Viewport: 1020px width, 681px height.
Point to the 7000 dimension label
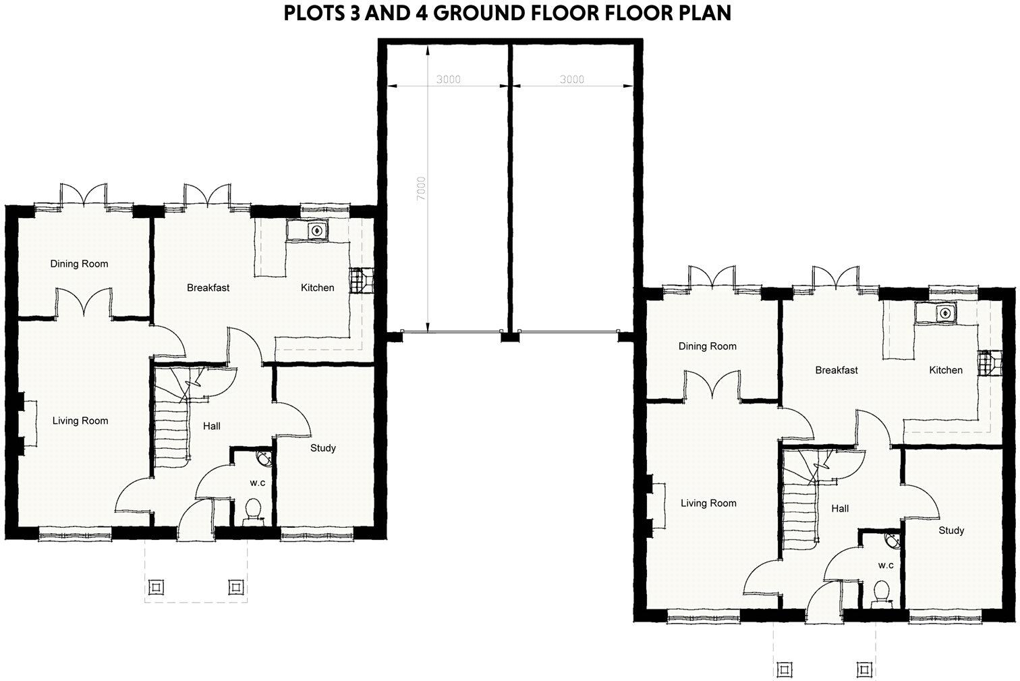[x=421, y=187]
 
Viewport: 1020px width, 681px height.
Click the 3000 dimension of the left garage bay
[x=448, y=79]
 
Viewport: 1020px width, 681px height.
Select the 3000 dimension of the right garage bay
[x=571, y=79]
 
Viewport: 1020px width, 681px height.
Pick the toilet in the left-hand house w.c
[x=254, y=510]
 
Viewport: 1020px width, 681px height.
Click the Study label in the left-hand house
[x=322, y=447]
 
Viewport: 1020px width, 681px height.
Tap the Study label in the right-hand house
[x=951, y=530]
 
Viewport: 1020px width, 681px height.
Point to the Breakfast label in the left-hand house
[x=208, y=288]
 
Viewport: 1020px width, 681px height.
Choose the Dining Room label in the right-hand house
[x=707, y=346]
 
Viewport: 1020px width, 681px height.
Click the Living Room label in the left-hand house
[x=80, y=420]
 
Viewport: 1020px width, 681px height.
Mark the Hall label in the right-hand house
[x=840, y=508]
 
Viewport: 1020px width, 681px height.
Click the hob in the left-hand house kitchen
[x=358, y=279]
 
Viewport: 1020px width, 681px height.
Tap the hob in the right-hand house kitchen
[x=986, y=362]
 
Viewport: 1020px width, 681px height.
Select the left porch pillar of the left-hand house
[x=155, y=587]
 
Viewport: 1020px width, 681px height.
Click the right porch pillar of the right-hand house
[x=864, y=669]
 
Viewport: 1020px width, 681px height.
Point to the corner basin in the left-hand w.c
[x=264, y=458]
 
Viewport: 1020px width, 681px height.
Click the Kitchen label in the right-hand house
[x=945, y=370]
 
